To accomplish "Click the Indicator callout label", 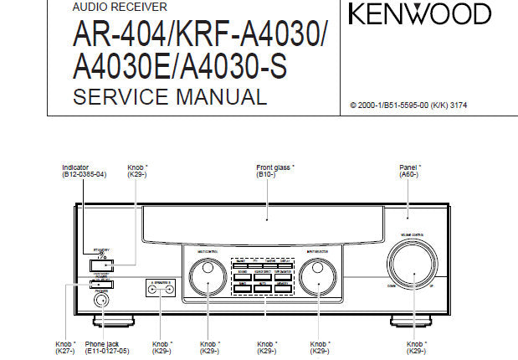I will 76,167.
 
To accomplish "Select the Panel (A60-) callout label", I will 410,167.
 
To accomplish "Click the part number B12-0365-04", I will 84,174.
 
